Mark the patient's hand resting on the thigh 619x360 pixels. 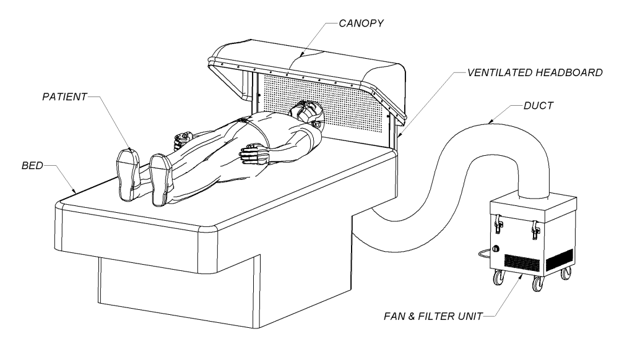(252, 153)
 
